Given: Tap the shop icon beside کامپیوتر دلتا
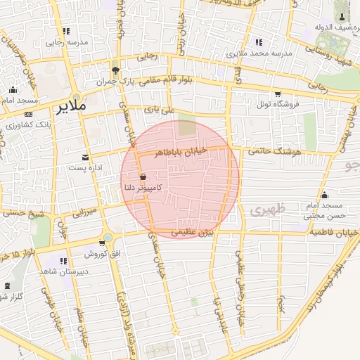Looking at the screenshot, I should [143, 176].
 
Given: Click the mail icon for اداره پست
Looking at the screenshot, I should [86, 157].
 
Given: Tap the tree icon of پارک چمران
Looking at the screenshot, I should [115, 70].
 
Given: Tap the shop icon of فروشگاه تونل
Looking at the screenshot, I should [278, 94].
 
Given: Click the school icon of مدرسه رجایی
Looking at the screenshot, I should [66, 31].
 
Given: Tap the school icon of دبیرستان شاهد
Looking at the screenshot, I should [64, 262].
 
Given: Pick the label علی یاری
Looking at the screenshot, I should [158, 110].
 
